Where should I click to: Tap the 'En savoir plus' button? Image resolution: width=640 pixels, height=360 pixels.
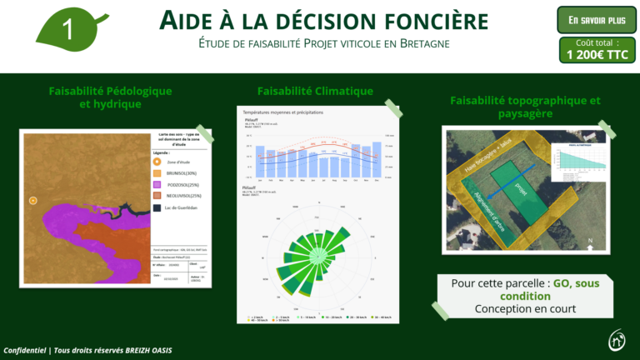coord(596,19)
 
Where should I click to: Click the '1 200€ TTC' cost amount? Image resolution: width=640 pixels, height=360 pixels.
coord(596,55)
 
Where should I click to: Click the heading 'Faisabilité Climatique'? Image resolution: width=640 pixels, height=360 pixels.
coord(315,91)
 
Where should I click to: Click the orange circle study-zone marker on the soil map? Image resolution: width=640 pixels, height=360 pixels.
coord(32,201)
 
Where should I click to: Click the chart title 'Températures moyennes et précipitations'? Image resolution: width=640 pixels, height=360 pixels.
coord(282,112)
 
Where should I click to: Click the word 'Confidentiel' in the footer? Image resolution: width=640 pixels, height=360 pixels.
coord(27,350)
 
